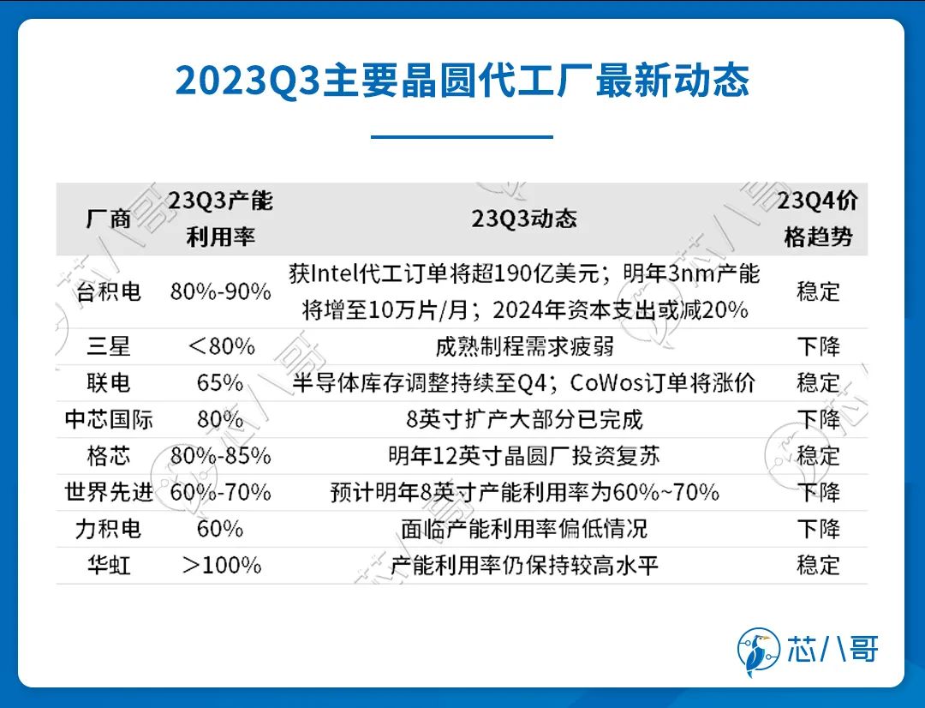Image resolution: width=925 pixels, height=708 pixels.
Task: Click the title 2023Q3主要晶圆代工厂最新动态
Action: click(x=462, y=81)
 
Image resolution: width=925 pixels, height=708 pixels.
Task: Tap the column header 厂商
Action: click(x=108, y=219)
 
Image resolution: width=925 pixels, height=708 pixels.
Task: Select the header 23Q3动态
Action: click(x=524, y=219)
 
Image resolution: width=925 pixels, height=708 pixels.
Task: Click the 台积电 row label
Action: click(x=109, y=291)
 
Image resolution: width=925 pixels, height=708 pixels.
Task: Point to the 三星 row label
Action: click(x=109, y=346)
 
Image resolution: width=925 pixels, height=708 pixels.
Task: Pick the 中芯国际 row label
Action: click(x=109, y=419)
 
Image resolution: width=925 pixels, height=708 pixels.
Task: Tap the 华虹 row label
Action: click(x=109, y=565)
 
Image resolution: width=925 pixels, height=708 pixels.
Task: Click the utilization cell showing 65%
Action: click(x=220, y=382)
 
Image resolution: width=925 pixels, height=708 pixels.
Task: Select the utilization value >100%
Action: click(x=221, y=565)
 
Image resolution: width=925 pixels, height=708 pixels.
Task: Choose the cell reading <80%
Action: click(x=221, y=346)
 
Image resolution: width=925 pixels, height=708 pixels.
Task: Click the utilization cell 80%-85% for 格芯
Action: click(x=221, y=456)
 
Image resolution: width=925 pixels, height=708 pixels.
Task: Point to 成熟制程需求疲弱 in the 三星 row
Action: click(x=524, y=346)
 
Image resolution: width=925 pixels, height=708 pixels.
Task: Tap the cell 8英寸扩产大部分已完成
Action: click(x=524, y=419)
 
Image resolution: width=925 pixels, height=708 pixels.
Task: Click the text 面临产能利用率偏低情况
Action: click(x=524, y=529)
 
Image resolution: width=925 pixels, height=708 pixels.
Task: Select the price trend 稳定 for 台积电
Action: click(x=818, y=291)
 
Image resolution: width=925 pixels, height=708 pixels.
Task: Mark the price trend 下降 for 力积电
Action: click(x=818, y=529)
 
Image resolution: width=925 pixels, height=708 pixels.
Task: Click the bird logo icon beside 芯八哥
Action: click(x=759, y=651)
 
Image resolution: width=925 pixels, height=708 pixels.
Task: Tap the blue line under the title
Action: click(x=462, y=137)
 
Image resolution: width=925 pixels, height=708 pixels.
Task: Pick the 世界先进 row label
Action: click(x=109, y=492)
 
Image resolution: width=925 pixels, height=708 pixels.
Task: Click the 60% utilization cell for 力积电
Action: click(x=220, y=529)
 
